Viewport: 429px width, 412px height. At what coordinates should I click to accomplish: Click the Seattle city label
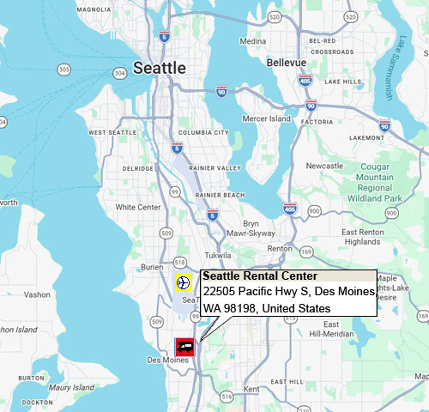tap(160, 68)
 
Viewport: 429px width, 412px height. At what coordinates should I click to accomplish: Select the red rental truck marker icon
tap(184, 347)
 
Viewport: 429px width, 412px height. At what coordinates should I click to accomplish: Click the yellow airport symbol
tap(182, 282)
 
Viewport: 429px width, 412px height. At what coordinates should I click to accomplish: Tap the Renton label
tap(280, 248)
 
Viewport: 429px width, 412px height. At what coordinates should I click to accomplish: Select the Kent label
tap(251, 390)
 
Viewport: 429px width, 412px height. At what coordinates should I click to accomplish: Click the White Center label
tap(138, 207)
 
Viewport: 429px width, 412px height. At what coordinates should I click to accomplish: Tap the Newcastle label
tap(324, 165)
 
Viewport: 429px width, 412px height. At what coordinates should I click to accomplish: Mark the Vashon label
tap(38, 294)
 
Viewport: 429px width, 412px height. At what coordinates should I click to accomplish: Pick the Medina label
tap(253, 40)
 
